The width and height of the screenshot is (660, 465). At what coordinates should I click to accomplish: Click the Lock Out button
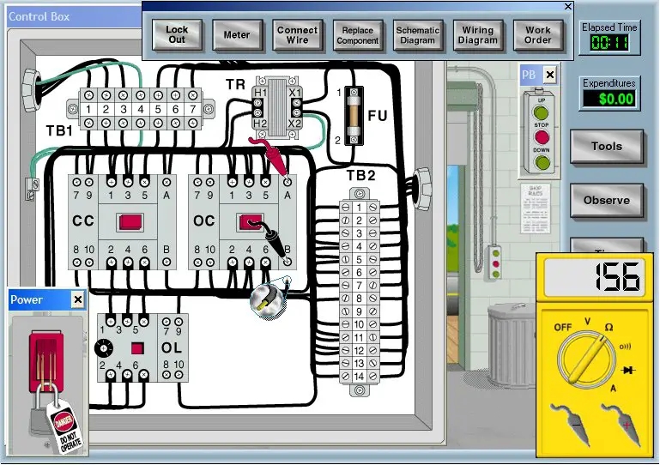[176, 34]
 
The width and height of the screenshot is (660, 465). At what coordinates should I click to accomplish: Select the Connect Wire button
[297, 34]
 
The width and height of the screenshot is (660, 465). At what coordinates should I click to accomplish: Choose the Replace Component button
[357, 34]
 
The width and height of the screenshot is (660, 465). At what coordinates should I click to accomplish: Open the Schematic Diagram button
[417, 34]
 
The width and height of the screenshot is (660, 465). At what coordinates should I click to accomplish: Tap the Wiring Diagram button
[477, 34]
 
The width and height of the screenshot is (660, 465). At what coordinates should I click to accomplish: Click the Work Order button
[537, 34]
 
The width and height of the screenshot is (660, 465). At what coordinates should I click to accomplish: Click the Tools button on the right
[606, 146]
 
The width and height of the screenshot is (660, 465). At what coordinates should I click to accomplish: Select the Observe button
[606, 200]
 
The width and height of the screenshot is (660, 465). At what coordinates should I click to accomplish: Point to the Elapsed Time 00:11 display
[609, 43]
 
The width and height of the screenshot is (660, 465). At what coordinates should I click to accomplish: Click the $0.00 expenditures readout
[609, 99]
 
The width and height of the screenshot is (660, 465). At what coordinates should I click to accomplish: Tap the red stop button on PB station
[540, 136]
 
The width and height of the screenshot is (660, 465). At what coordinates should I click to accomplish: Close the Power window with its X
[77, 299]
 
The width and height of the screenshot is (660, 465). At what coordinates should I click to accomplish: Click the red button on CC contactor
[130, 221]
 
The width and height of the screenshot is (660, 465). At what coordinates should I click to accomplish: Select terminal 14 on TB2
[360, 377]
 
